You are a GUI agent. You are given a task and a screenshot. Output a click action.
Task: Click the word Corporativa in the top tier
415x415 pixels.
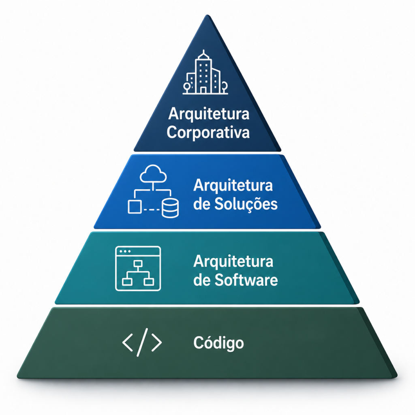pyautogui.click(x=208, y=133)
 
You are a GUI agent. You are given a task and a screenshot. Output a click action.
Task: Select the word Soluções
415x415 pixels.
pyautogui.click(x=246, y=205)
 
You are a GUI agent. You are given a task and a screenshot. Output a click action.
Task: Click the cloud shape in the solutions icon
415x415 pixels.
pyautogui.click(x=153, y=173)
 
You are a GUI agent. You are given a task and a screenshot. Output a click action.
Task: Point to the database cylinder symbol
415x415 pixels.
pyautogui.click(x=170, y=208)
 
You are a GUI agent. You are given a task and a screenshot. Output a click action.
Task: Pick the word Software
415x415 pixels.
pyautogui.click(x=246, y=280)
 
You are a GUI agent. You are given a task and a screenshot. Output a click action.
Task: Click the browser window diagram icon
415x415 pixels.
pyautogui.click(x=138, y=268)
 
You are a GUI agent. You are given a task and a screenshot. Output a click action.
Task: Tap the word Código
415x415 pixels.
pyautogui.click(x=218, y=343)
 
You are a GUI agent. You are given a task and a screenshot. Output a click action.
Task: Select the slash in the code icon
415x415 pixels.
pyautogui.click(x=142, y=342)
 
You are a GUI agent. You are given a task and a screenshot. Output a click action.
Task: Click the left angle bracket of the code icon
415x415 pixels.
pyautogui.click(x=127, y=342)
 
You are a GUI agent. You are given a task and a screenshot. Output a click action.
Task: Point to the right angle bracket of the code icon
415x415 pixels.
pyautogui.click(x=156, y=342)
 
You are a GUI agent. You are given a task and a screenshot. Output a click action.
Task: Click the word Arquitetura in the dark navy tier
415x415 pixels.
pyautogui.click(x=209, y=114)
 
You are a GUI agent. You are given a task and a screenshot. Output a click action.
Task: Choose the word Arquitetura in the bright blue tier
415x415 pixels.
pyautogui.click(x=233, y=185)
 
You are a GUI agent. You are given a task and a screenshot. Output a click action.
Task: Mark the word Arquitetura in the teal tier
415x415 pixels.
pyautogui.click(x=233, y=261)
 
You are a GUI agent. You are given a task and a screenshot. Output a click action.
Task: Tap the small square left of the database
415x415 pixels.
pyautogui.click(x=135, y=207)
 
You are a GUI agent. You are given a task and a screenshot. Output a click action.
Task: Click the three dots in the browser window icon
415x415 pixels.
pyautogui.click(x=125, y=251)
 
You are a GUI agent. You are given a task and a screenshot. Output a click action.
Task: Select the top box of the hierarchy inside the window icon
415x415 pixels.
pyautogui.click(x=138, y=263)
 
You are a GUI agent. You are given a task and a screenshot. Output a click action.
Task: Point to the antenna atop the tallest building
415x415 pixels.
pyautogui.click(x=203, y=52)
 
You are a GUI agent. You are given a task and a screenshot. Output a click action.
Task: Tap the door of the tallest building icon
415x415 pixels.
pyautogui.click(x=203, y=90)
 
